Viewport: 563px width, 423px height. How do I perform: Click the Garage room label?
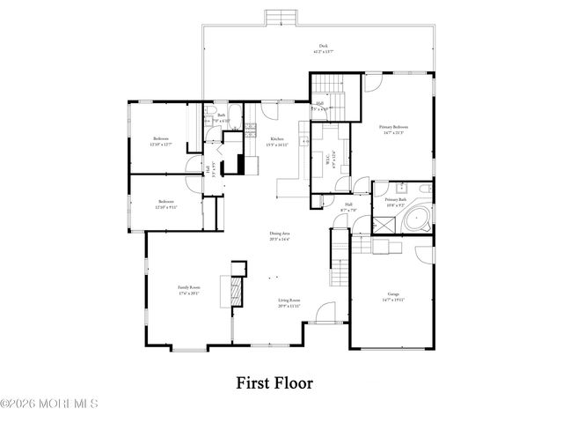393,296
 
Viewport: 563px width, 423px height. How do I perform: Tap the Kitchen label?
277,142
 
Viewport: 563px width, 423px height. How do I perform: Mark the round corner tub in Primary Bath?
420,219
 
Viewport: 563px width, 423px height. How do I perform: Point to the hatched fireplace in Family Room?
235,292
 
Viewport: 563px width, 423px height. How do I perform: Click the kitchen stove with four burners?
250,131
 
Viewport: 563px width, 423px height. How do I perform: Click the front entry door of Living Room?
326,313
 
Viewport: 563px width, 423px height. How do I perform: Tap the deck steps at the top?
277,18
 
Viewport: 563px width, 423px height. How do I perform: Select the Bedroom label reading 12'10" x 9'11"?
166,204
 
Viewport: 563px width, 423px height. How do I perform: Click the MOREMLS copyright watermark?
49,404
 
